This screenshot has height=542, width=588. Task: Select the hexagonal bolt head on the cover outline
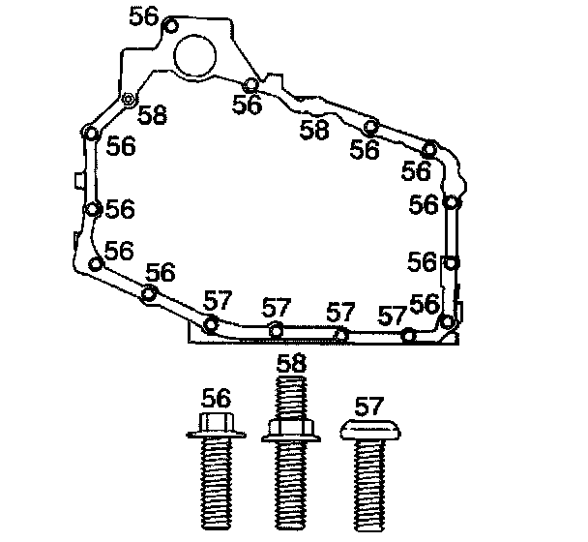tap(129, 99)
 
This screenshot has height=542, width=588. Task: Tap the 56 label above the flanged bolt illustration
tap(216, 398)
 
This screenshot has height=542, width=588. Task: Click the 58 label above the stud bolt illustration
tap(291, 363)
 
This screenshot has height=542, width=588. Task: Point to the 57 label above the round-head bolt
tap(369, 406)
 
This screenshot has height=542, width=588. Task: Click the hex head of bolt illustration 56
tap(217, 422)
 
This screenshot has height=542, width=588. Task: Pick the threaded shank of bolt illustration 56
tap(217, 484)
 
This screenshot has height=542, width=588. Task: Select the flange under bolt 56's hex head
tap(217, 435)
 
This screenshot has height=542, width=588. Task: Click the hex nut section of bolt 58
tap(291, 427)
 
